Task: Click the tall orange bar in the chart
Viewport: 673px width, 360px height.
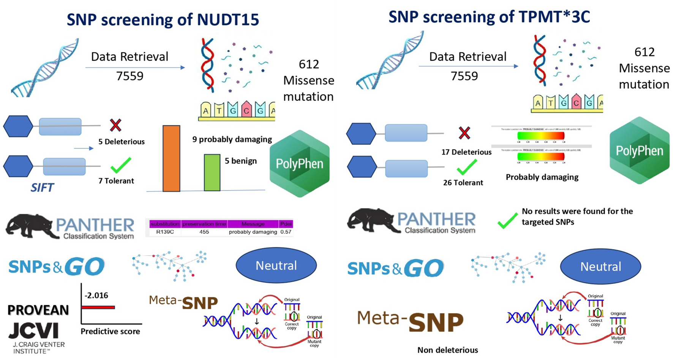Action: click(171, 158)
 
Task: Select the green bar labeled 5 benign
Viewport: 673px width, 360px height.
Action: click(212, 172)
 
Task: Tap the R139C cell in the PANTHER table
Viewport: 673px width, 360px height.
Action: click(165, 232)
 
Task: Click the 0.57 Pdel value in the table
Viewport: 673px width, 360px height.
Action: click(286, 232)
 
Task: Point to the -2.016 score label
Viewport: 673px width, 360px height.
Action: click(96, 295)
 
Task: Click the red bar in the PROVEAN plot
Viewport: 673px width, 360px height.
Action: click(98, 307)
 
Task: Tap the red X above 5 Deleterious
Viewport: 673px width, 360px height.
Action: click(115, 125)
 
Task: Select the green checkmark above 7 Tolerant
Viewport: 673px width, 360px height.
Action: click(120, 165)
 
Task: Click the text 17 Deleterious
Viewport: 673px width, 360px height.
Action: click(466, 152)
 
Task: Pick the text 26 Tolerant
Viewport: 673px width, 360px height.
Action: click(463, 183)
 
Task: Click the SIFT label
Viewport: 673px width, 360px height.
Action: click(42, 188)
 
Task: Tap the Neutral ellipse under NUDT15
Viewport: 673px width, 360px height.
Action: click(276, 265)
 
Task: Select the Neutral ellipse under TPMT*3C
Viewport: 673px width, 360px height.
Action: click(600, 267)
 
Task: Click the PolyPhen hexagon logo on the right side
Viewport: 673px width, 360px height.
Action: click(639, 151)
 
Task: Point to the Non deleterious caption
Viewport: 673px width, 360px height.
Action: click(447, 350)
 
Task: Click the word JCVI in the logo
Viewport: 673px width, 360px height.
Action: click(33, 331)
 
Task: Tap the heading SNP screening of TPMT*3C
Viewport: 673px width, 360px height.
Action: click(489, 17)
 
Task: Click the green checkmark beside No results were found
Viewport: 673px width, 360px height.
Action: click(507, 220)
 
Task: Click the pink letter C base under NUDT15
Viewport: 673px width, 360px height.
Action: click(246, 110)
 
